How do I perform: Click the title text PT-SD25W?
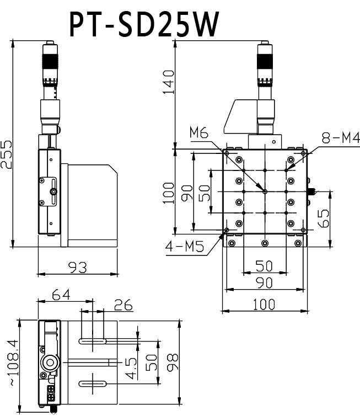144,24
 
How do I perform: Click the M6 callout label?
198,132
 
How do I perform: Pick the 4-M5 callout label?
185,247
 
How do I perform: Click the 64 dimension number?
62,295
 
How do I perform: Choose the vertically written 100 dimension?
169,193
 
